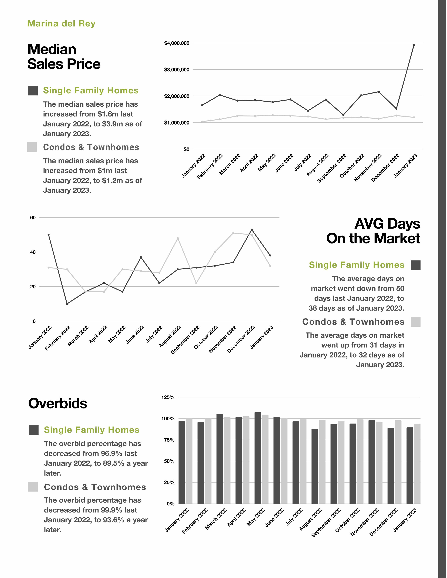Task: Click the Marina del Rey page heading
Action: pos(61,23)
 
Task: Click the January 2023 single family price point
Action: pos(414,45)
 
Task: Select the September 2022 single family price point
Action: pos(343,115)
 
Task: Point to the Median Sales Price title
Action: pos(64,57)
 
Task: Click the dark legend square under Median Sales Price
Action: pos(33,91)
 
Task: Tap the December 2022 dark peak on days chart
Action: pos(252,229)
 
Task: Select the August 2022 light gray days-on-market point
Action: pos(178,238)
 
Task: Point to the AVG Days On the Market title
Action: pos(373,231)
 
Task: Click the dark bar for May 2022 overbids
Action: pos(258,458)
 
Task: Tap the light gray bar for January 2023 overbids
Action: pos(417,464)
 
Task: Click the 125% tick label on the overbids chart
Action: pos(168,397)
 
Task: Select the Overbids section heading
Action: pos(58,403)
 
